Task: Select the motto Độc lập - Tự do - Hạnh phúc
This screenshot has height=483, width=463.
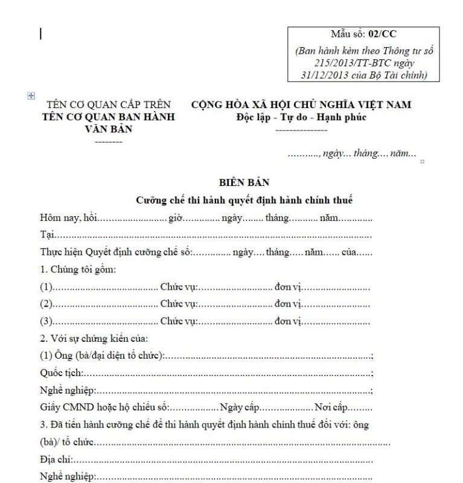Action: point(301,117)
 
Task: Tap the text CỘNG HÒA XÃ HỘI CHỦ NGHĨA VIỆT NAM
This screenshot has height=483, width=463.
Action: point(301,104)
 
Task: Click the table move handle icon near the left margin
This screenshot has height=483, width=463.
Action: point(31,95)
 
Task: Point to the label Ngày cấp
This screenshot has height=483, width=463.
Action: point(241,408)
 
